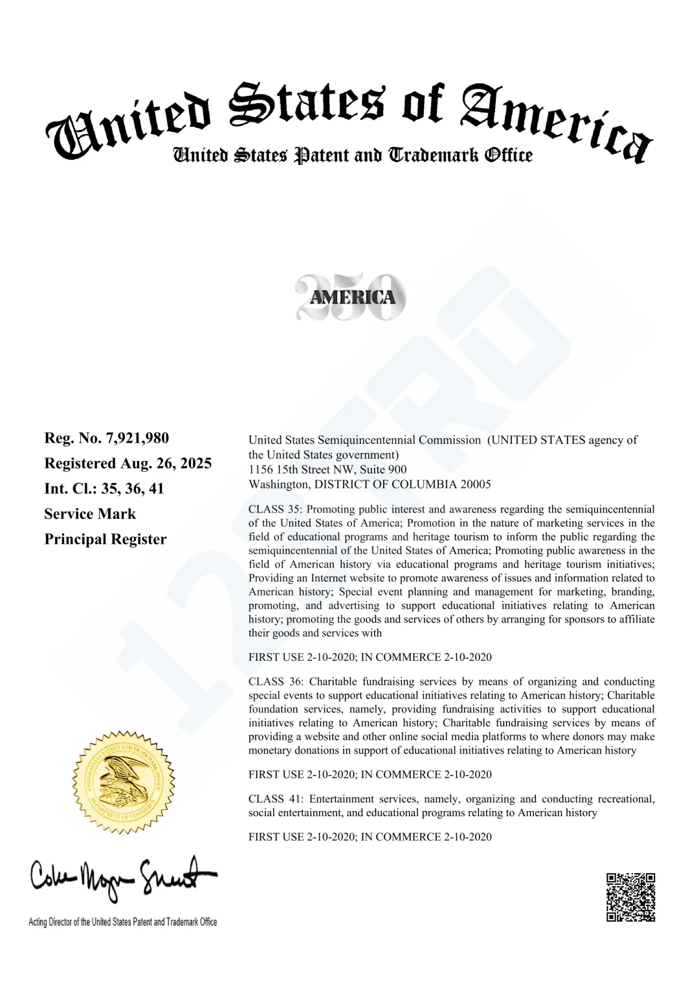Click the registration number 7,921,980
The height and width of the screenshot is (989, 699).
[137, 438]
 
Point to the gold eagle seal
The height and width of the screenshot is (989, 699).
[123, 783]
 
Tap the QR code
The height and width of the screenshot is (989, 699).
[630, 897]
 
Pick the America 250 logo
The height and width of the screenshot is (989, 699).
[351, 297]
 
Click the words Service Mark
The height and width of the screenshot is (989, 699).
[90, 514]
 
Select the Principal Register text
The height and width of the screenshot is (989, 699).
[105, 539]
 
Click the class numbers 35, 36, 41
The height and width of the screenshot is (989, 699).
[133, 489]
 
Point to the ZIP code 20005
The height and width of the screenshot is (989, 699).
[476, 484]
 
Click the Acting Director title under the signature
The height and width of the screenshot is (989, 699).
[122, 922]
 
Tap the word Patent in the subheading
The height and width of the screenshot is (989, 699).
[321, 155]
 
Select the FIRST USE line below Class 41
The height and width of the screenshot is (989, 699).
[370, 837]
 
